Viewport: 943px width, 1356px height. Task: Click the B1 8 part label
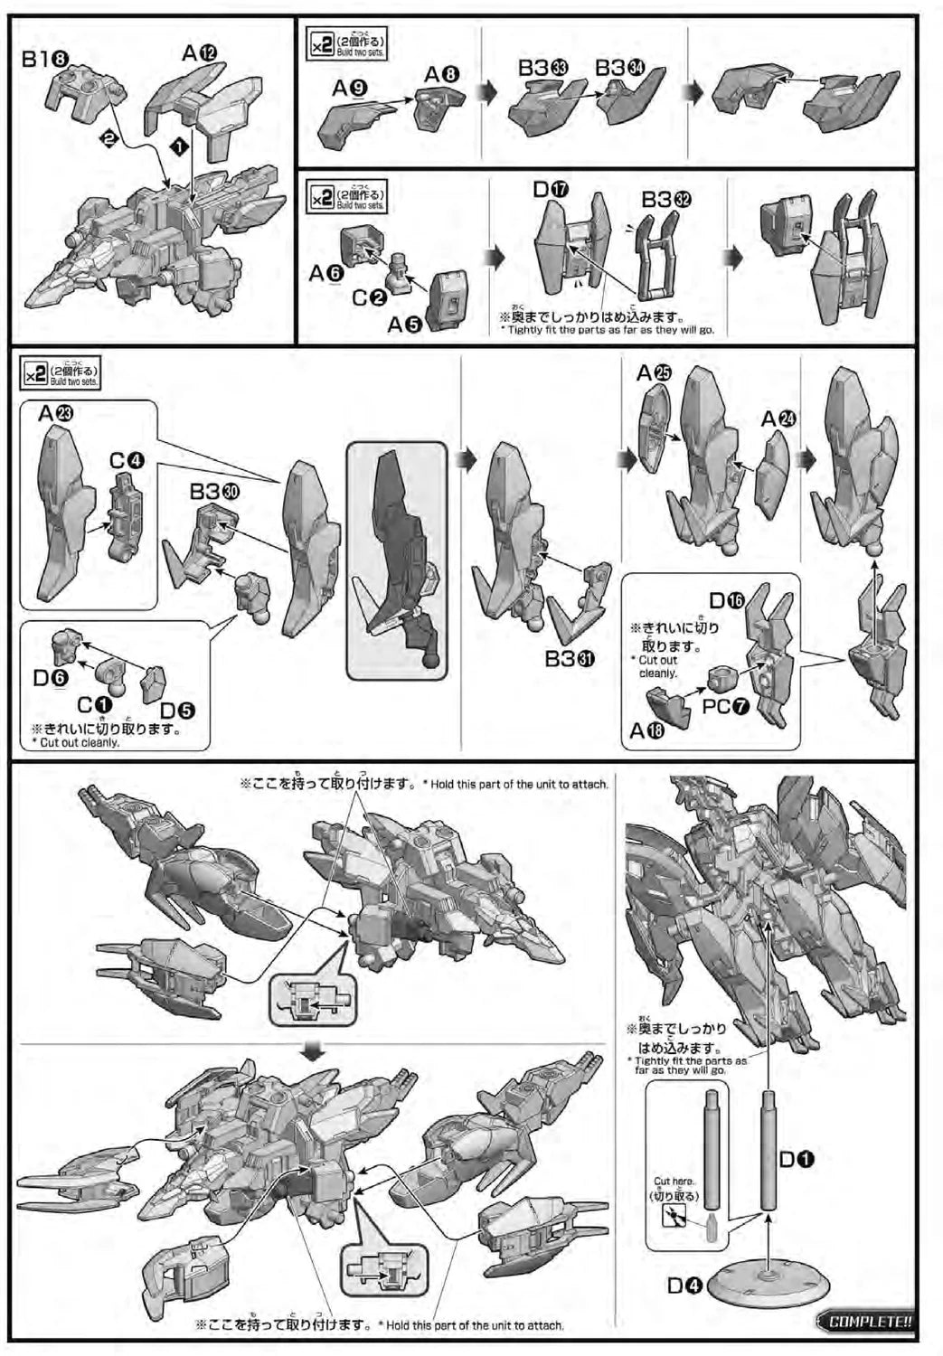[45, 60]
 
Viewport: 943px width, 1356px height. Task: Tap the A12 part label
[199, 53]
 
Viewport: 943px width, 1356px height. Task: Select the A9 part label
[348, 88]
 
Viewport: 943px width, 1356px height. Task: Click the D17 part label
[550, 189]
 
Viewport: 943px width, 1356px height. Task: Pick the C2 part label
[369, 296]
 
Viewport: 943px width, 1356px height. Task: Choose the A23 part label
[56, 413]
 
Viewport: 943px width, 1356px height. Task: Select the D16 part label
[728, 600]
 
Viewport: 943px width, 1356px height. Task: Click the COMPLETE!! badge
[866, 1321]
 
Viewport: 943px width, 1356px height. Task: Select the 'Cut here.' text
[674, 1181]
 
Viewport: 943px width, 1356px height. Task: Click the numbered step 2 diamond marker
[108, 138]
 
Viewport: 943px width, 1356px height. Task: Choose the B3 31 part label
[570, 659]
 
